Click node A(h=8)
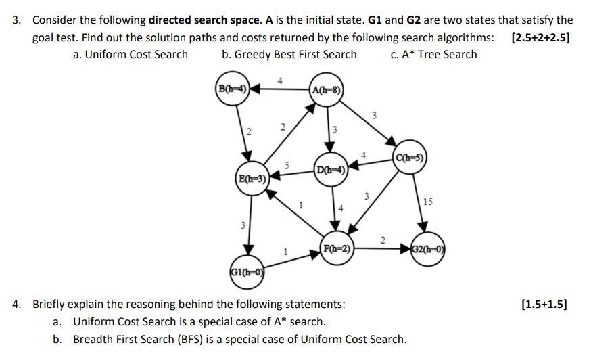click(327, 89)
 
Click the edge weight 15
click(427, 202)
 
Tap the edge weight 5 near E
click(287, 164)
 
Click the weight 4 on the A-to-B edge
click(280, 81)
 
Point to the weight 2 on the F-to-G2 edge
click(383, 240)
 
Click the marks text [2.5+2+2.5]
click(541, 37)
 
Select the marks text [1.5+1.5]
click(544, 304)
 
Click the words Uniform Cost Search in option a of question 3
click(136, 54)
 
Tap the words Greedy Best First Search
click(295, 54)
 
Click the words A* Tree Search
click(440, 54)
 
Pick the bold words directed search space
click(204, 20)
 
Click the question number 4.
click(16, 304)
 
